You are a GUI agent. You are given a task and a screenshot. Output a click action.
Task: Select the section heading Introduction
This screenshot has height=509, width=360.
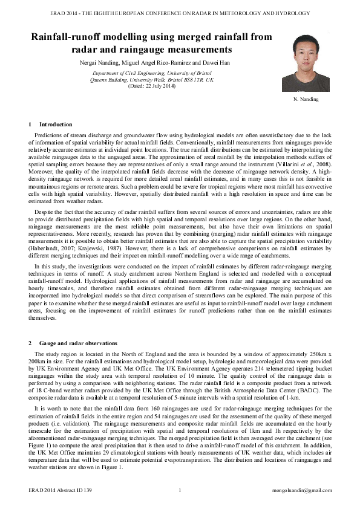55,125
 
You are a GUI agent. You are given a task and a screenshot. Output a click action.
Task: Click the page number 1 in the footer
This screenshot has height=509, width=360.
180,490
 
